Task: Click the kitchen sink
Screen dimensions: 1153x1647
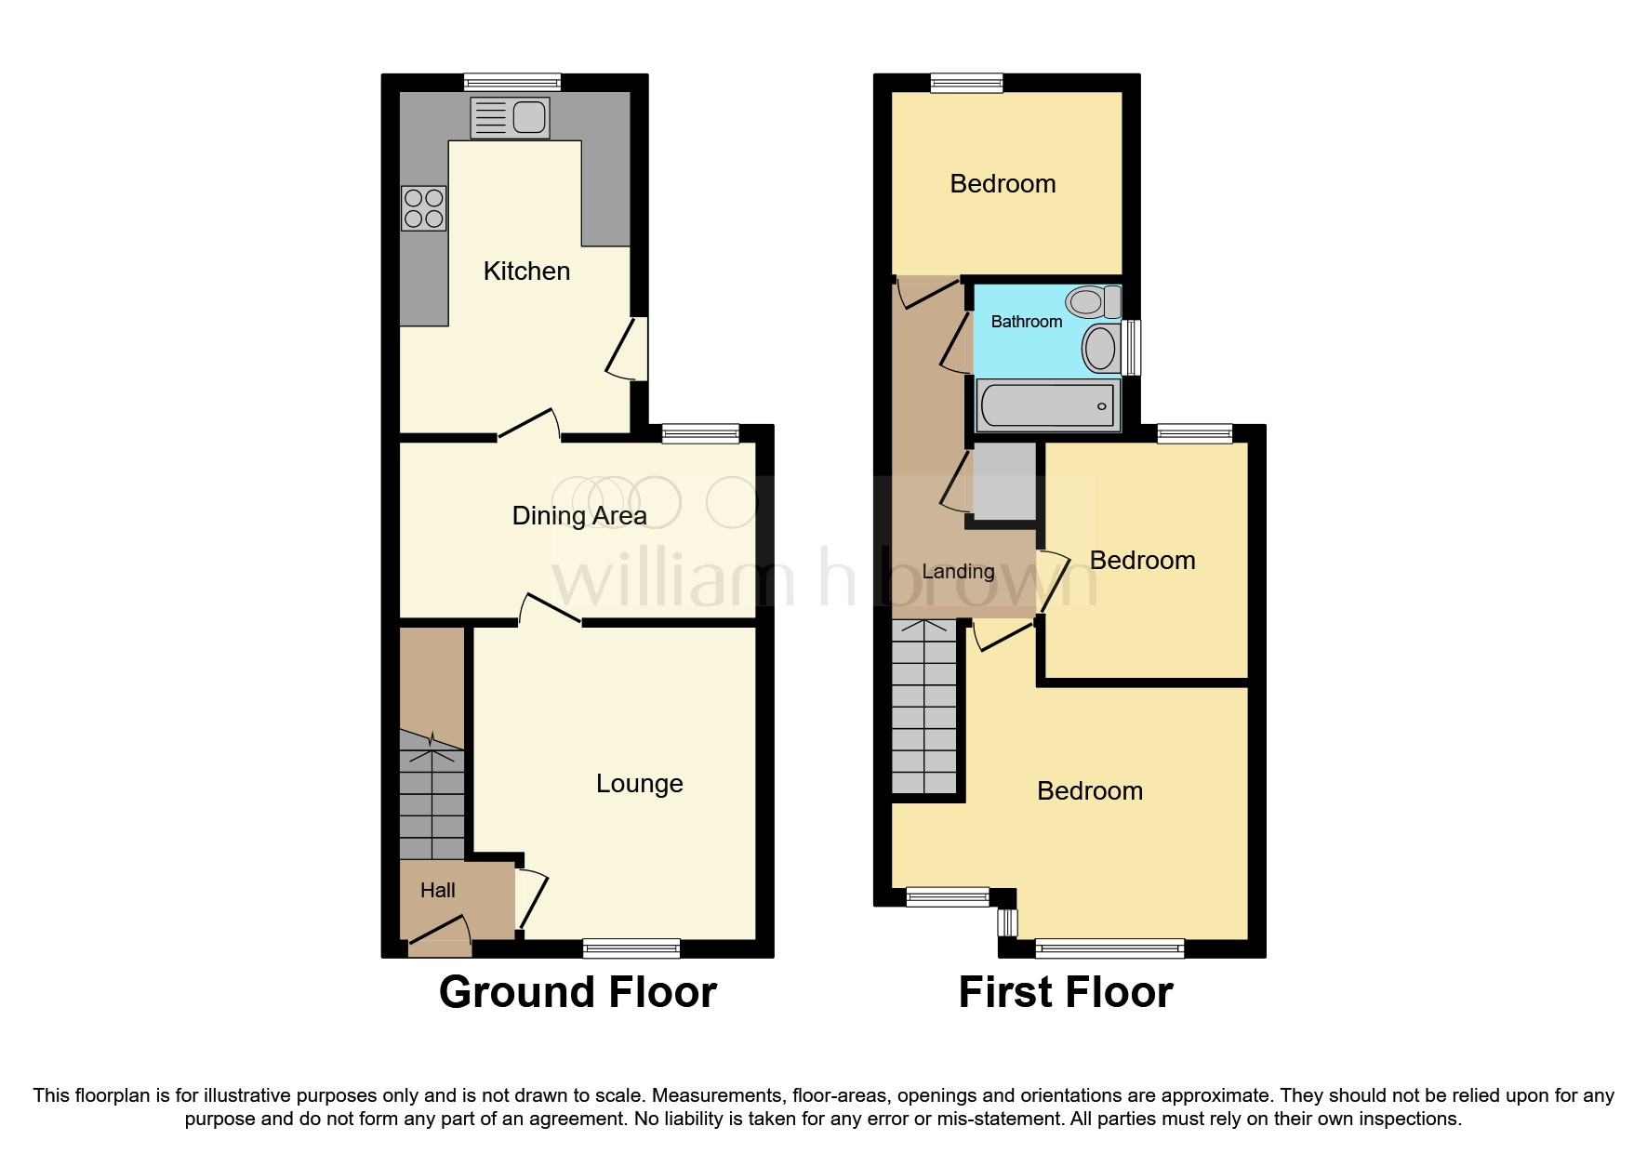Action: pos(510,118)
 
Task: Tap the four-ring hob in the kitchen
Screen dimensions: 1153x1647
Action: pos(423,208)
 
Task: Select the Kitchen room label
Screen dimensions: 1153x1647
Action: pos(526,272)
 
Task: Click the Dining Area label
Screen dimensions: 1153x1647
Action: pos(579,516)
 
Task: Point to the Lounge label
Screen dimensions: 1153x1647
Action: pos(639,784)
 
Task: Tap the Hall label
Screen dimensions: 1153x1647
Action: pos(437,891)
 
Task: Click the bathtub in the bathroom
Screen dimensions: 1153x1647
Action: pos(1047,406)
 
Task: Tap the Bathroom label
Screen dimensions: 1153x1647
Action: pos(1026,322)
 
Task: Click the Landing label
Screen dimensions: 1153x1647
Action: pos(958,572)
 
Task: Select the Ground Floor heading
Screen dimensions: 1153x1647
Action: pos(578,992)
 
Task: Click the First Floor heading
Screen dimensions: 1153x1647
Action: pos(1065,992)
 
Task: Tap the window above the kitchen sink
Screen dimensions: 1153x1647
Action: pos(512,82)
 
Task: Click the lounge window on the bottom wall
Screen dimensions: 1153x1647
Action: pos(631,948)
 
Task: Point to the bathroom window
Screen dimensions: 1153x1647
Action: pos(1131,348)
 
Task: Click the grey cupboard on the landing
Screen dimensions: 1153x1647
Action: pos(1004,481)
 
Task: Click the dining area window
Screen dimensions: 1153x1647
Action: pos(700,433)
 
